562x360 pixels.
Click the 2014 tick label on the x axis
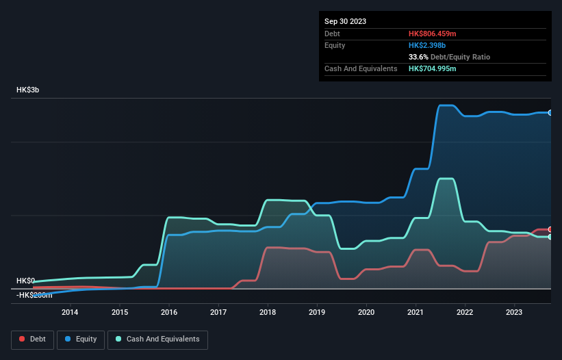(70, 313)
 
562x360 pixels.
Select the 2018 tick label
(268, 313)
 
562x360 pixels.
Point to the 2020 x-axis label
(366, 313)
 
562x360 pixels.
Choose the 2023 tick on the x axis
(515, 313)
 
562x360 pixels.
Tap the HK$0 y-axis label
(25, 281)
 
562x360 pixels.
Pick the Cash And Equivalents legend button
(157, 339)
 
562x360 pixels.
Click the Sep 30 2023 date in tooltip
(345, 21)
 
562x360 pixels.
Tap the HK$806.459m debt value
(432, 34)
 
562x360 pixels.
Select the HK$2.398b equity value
(426, 45)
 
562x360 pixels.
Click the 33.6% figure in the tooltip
(419, 57)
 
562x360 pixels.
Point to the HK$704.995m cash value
(432, 68)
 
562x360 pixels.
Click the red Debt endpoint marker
(550, 229)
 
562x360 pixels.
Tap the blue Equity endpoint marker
(550, 112)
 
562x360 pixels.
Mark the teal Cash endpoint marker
(550, 237)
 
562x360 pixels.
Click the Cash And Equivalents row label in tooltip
(361, 68)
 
